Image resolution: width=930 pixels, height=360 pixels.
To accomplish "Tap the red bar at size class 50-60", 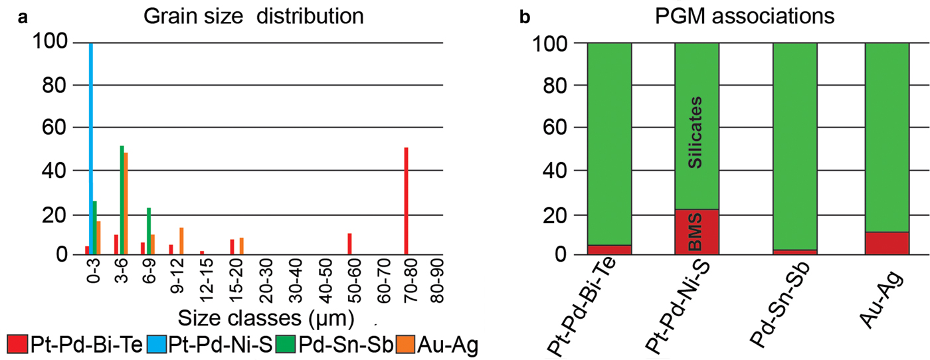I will [x=349, y=243].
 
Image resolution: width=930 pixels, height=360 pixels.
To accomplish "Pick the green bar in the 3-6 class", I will [x=122, y=200].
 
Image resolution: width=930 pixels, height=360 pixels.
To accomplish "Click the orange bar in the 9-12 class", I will [x=181, y=240].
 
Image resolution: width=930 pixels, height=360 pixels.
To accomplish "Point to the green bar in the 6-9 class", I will [x=148, y=230].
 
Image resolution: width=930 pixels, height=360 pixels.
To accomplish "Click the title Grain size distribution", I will [x=254, y=16].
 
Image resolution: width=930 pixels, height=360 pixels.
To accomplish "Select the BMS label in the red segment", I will [x=696, y=232].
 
